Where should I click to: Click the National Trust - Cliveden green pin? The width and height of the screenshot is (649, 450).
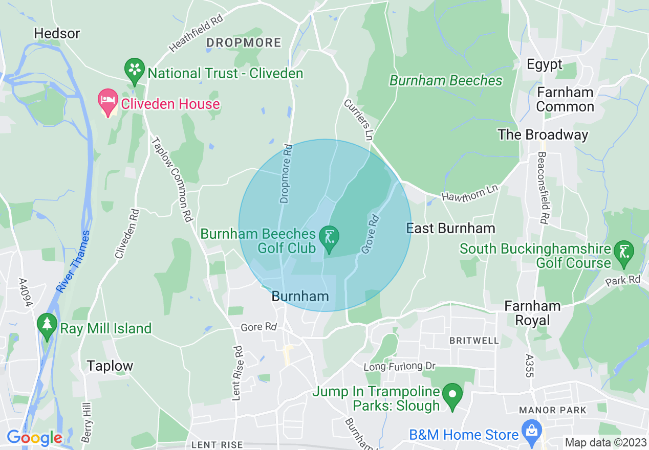pos(135,72)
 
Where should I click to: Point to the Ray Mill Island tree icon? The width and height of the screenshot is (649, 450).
pos(47,326)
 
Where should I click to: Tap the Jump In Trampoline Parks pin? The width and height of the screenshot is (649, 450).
pos(452,397)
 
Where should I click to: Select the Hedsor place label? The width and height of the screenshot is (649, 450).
pos(57,34)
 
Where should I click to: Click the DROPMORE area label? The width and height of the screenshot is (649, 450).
pos(244,43)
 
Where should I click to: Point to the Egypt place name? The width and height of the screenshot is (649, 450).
pos(545,64)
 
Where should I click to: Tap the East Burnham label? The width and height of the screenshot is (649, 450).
pos(450,228)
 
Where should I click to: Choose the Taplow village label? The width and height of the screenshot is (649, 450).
pos(110,366)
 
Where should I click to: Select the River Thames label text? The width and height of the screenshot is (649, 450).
pos(73,262)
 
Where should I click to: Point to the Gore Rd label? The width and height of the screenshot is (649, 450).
pos(258,327)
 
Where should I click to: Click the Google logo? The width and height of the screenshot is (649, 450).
pos(34,438)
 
